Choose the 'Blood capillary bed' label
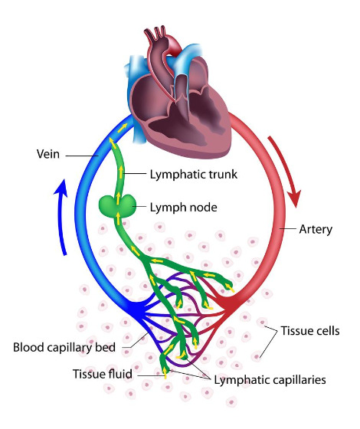64,347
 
